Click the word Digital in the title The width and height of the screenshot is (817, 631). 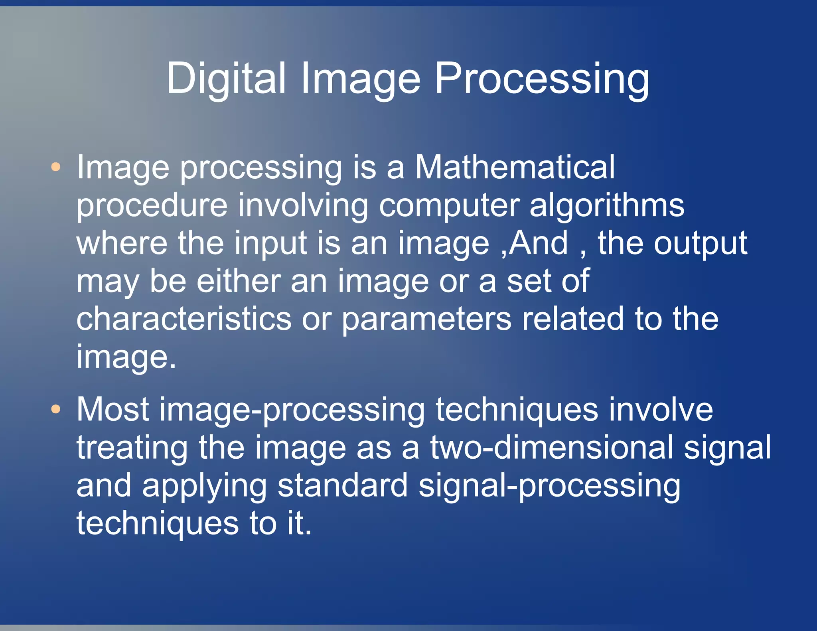click(x=226, y=79)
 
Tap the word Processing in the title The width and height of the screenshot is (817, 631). click(x=542, y=79)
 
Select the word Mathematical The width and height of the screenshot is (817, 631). click(x=515, y=167)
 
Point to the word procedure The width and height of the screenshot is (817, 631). click(x=152, y=205)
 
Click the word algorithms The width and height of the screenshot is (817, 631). click(x=607, y=205)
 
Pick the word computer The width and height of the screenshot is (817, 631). click(x=449, y=205)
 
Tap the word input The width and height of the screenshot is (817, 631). click(x=270, y=243)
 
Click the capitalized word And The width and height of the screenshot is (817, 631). click(x=539, y=243)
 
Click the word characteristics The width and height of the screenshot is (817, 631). click(x=184, y=319)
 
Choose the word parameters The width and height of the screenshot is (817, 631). click(x=426, y=319)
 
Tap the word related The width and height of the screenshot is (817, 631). click(x=573, y=319)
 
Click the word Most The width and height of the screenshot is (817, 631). click(x=113, y=409)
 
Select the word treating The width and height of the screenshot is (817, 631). click(x=132, y=448)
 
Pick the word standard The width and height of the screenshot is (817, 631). click(x=342, y=485)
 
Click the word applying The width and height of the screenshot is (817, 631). click(x=204, y=485)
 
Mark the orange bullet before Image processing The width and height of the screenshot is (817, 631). click(x=56, y=167)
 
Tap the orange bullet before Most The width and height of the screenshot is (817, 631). click(x=56, y=409)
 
